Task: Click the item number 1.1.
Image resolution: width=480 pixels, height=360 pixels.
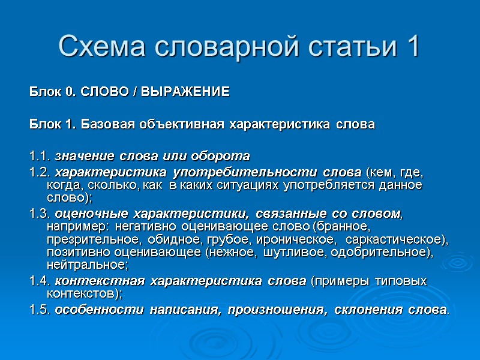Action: [40, 157]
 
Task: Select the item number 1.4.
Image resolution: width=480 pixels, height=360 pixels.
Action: [40, 281]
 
